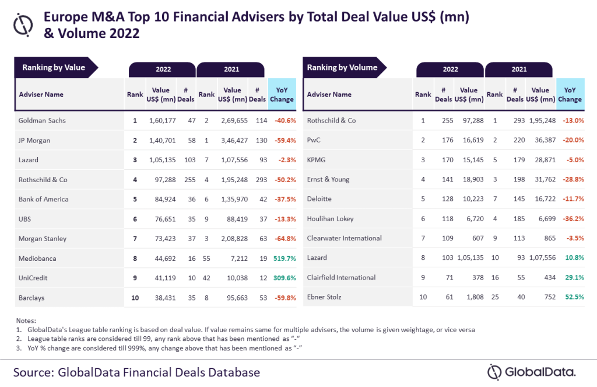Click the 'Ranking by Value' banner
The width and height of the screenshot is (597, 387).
pos(54,68)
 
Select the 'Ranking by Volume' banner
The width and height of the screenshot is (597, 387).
pos(342,68)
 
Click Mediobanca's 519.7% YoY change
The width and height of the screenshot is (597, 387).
pos(283,258)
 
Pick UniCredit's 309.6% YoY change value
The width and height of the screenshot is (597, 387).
pos(283,278)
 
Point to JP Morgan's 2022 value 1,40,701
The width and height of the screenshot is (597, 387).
pos(161,140)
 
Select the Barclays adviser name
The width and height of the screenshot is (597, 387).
pos(31,298)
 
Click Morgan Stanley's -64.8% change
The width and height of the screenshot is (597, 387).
pos(283,238)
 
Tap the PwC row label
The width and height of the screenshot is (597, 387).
pos(314,140)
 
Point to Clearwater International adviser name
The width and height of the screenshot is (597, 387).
pos(344,238)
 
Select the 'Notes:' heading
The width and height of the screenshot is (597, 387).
pos(26,320)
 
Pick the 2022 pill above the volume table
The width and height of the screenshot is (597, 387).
pos(450,69)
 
